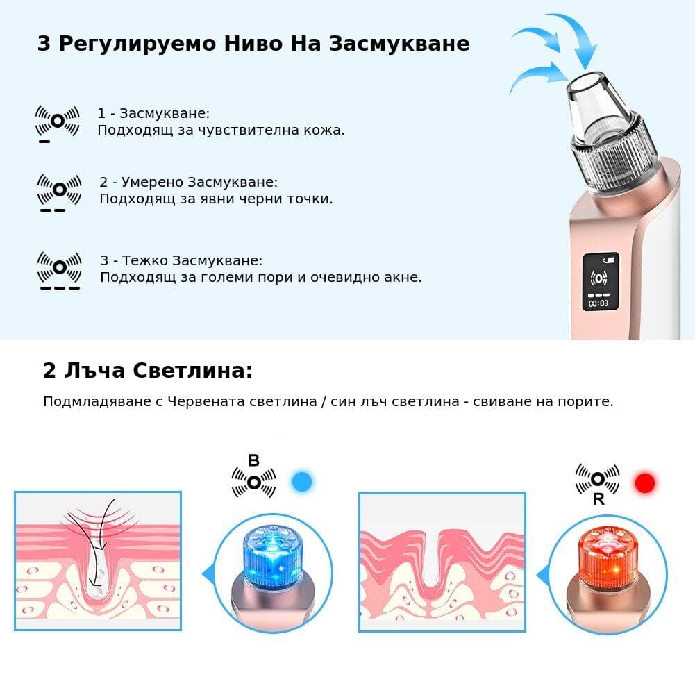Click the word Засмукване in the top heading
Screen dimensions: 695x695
point(399,44)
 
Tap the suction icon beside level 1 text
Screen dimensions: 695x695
point(57,121)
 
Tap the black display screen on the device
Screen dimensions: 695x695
point(600,282)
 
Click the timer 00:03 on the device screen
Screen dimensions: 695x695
point(598,303)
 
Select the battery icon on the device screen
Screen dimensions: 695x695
point(610,259)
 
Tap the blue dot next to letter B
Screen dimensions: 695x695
point(302,482)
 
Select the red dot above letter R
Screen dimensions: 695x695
point(644,483)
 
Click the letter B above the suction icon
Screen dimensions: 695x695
point(253,460)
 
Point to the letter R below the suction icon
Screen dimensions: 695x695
point(598,499)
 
